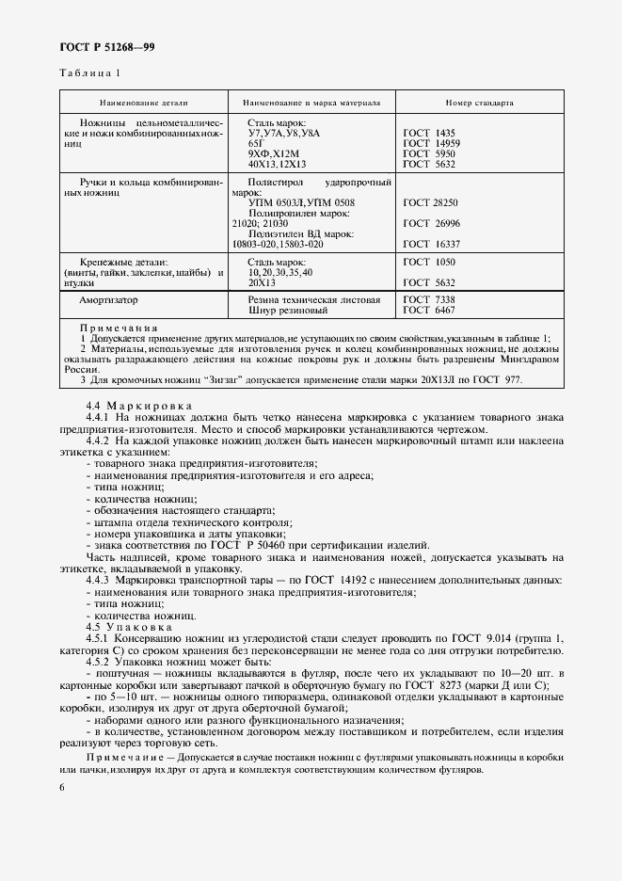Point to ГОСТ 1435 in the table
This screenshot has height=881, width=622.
[x=428, y=134]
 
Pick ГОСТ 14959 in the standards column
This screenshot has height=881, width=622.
[x=431, y=143]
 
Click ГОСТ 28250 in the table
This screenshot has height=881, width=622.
[x=431, y=202]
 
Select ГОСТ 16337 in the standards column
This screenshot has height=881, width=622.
[x=431, y=244]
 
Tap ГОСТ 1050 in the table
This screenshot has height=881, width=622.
[x=428, y=261]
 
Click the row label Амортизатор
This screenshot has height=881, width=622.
[x=108, y=299]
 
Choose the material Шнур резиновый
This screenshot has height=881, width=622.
[x=288, y=310]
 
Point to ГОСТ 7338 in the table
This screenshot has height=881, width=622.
[x=428, y=299]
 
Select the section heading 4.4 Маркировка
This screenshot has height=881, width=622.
[x=132, y=404]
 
